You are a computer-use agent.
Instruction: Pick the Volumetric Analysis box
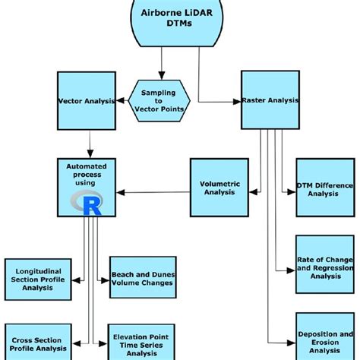pos(219,187)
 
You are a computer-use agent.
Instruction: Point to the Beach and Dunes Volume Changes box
pos(142,279)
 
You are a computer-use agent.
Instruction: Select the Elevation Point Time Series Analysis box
pos(142,342)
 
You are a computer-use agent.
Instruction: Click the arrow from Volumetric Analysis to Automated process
pos(151,191)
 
